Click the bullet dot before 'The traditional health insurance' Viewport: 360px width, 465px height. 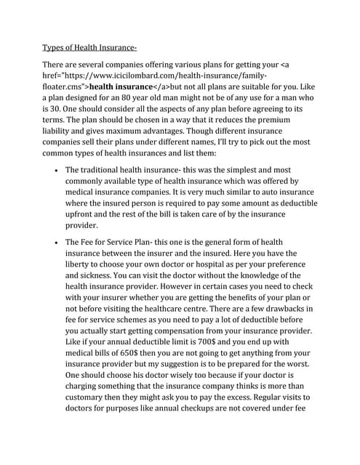[57, 169]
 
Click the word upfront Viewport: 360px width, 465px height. [84, 214]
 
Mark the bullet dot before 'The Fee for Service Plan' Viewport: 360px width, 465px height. [57, 242]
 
